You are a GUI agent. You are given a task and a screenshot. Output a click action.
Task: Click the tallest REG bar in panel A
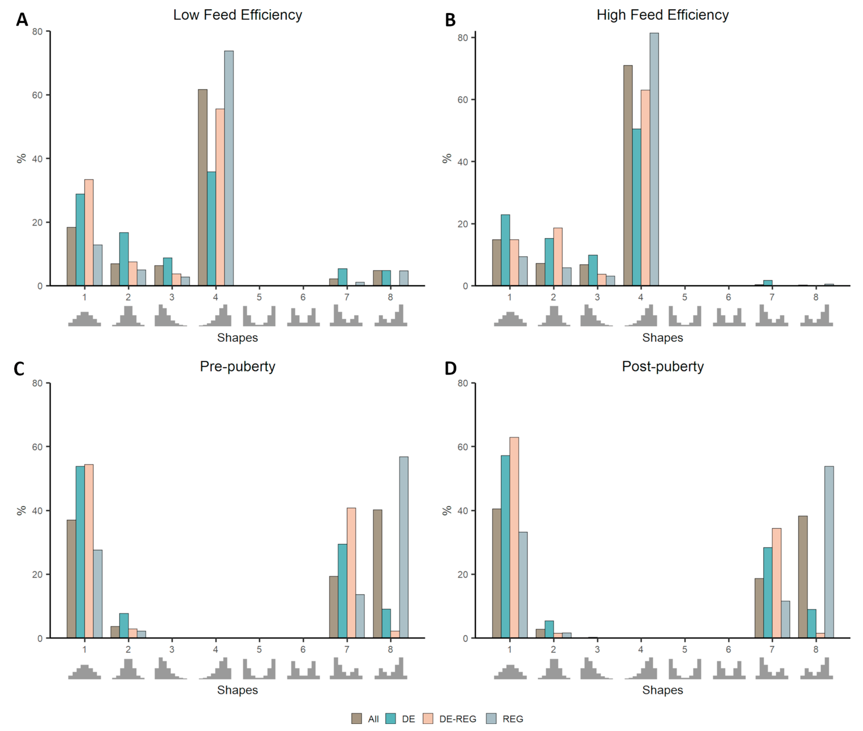coord(229,168)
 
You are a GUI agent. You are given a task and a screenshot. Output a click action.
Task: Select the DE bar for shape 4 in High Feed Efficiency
coord(636,207)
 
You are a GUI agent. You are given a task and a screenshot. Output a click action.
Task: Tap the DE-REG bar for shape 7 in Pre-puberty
coord(351,573)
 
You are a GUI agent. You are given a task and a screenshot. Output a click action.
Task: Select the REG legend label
coord(513,719)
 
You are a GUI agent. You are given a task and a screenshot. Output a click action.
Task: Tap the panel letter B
coord(450,20)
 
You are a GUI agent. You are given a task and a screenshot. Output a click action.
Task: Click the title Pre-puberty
coord(238,366)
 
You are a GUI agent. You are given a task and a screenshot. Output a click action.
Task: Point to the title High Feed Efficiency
coord(662,15)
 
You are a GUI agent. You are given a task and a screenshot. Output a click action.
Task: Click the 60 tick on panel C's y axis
coord(37,447)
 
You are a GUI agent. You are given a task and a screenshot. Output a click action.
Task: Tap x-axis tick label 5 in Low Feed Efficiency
coord(259,297)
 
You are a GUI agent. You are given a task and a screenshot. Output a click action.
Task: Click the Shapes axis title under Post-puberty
coord(662,690)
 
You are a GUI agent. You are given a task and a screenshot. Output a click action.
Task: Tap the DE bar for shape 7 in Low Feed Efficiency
coord(342,277)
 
